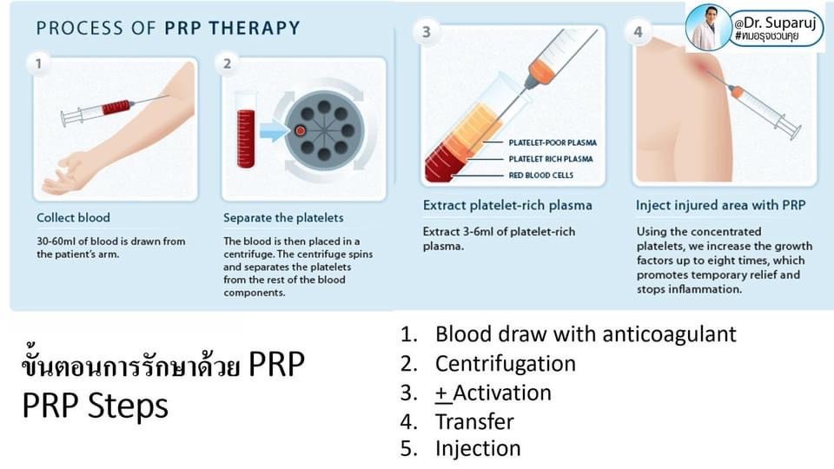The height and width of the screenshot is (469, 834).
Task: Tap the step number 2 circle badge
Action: point(227,63)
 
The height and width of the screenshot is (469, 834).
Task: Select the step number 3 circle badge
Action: point(426,33)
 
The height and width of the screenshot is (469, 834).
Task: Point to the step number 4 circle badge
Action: point(639,33)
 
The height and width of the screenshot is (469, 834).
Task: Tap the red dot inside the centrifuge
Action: point(298,131)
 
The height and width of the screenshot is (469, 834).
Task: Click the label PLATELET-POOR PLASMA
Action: point(553,142)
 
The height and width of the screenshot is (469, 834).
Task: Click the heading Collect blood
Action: point(73,217)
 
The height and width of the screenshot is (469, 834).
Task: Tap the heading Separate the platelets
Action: point(283,217)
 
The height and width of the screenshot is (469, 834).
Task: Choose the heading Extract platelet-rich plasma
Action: point(507,206)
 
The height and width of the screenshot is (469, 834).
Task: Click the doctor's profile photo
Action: point(708,26)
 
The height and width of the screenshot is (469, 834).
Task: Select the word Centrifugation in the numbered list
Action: point(506,363)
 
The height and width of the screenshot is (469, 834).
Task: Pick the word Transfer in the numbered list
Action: point(474,421)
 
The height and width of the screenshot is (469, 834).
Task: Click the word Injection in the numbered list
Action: point(478,448)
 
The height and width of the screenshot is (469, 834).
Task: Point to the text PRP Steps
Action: point(95,406)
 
